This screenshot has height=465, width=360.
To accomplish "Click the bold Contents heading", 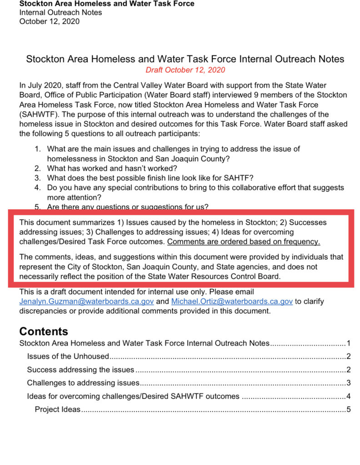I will tap(44, 331).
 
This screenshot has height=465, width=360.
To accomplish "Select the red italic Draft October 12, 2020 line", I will tap(185, 70).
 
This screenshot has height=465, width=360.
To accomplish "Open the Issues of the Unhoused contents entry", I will tap(68, 356).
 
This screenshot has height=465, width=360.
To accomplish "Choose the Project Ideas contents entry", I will tap(58, 410).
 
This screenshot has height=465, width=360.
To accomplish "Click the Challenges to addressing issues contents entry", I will tap(83, 383).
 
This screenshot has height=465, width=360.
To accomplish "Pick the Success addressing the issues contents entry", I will tap(80, 370).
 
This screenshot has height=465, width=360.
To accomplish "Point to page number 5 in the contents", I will tap(348, 410).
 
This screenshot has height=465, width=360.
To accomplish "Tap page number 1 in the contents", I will tap(348, 343).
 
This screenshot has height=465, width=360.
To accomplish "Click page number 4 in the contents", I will tap(348, 396).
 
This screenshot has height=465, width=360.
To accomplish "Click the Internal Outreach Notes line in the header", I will tap(60, 12).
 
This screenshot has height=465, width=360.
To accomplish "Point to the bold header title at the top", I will tap(107, 4).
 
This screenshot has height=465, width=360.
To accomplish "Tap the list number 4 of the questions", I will tap(38, 188).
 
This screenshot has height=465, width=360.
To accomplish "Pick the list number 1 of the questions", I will tap(38, 149).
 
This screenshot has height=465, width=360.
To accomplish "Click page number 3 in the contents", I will tap(348, 383).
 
